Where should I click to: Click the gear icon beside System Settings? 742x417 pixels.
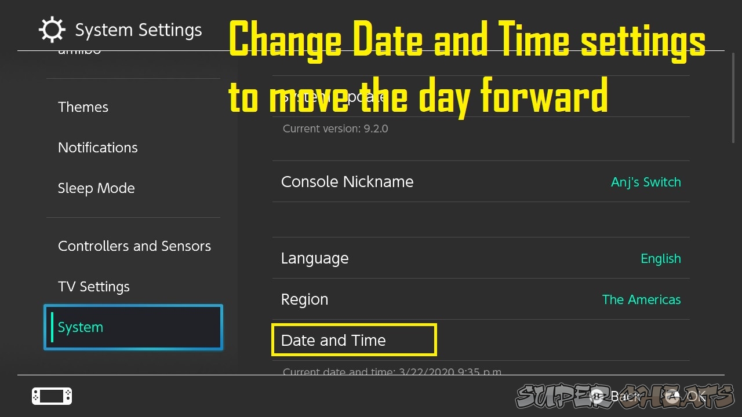pos(52,30)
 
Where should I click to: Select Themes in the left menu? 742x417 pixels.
pos(83,107)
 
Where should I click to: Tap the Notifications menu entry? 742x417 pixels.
pos(98,148)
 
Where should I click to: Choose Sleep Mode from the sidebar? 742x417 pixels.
pos(96,188)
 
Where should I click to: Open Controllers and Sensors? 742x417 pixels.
pos(134,246)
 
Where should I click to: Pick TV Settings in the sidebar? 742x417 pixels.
pos(94,287)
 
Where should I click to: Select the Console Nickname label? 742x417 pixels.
pos(347,182)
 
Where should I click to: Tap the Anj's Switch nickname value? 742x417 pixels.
pos(646,182)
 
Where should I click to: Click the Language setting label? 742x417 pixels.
pos(315,258)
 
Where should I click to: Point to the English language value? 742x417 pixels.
pos(661,258)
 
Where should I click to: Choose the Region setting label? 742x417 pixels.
pos(304,299)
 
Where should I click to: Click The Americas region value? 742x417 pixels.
pos(641,299)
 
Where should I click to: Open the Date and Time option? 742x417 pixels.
pos(333,341)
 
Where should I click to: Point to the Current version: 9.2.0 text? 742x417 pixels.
pos(335,129)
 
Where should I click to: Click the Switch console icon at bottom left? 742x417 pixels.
pos(52,396)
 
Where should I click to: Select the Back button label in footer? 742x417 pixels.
pos(625,397)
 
